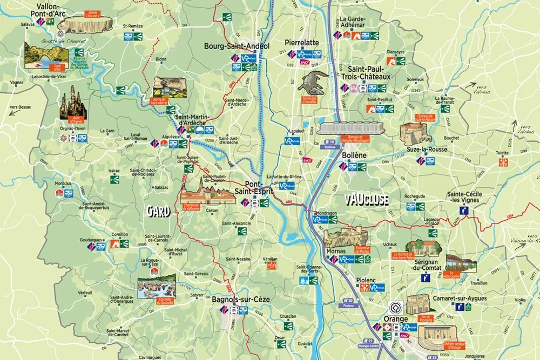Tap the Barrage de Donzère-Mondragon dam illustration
point(352,129)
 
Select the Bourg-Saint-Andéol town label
point(236,46)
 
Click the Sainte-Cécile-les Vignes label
point(468,198)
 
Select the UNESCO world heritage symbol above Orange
point(393,304)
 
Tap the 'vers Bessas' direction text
point(20,107)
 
